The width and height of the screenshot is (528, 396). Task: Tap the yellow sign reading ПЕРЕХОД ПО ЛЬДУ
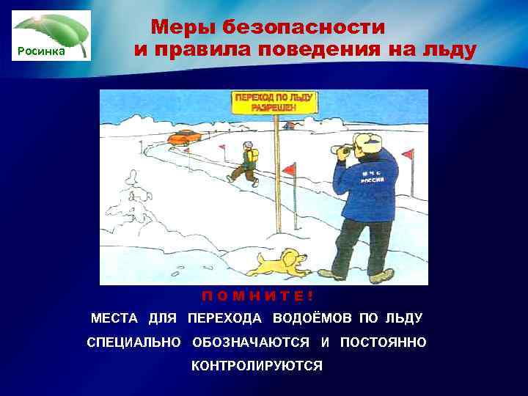point(274,102)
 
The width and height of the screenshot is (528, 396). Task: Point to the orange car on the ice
point(183,137)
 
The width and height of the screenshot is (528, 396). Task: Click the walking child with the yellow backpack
point(245,161)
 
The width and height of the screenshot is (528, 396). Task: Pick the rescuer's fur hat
point(367,141)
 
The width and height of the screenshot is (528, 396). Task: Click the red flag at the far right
point(408,155)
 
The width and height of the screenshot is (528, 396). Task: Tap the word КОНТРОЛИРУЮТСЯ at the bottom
point(257,366)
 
